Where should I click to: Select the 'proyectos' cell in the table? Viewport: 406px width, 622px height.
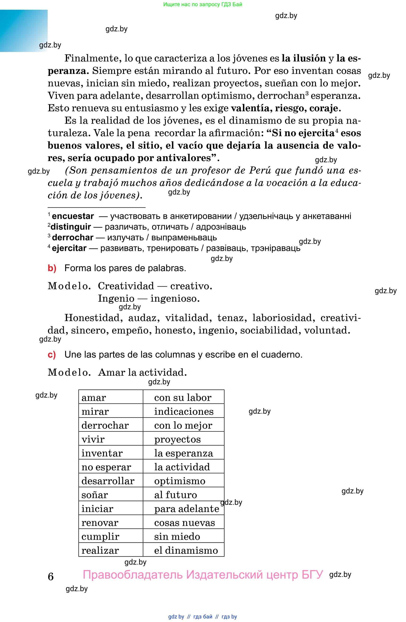click(178, 439)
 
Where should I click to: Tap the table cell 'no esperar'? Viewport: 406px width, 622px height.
click(106, 467)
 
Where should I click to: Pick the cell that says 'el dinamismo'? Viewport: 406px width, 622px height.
click(186, 550)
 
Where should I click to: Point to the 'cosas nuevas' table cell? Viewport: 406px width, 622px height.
click(185, 523)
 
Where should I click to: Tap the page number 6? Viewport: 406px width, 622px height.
click(51, 577)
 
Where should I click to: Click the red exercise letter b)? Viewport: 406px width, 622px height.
click(52, 268)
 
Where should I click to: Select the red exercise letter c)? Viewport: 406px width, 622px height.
click(52, 355)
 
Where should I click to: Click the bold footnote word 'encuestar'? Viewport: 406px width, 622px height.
click(73, 216)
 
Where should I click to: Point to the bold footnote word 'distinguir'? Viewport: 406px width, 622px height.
click(71, 227)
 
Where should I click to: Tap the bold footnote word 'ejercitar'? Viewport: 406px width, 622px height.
click(69, 248)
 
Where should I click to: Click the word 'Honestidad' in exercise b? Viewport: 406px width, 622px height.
click(92, 318)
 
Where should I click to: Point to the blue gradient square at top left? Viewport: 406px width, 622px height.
click(24, 31)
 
